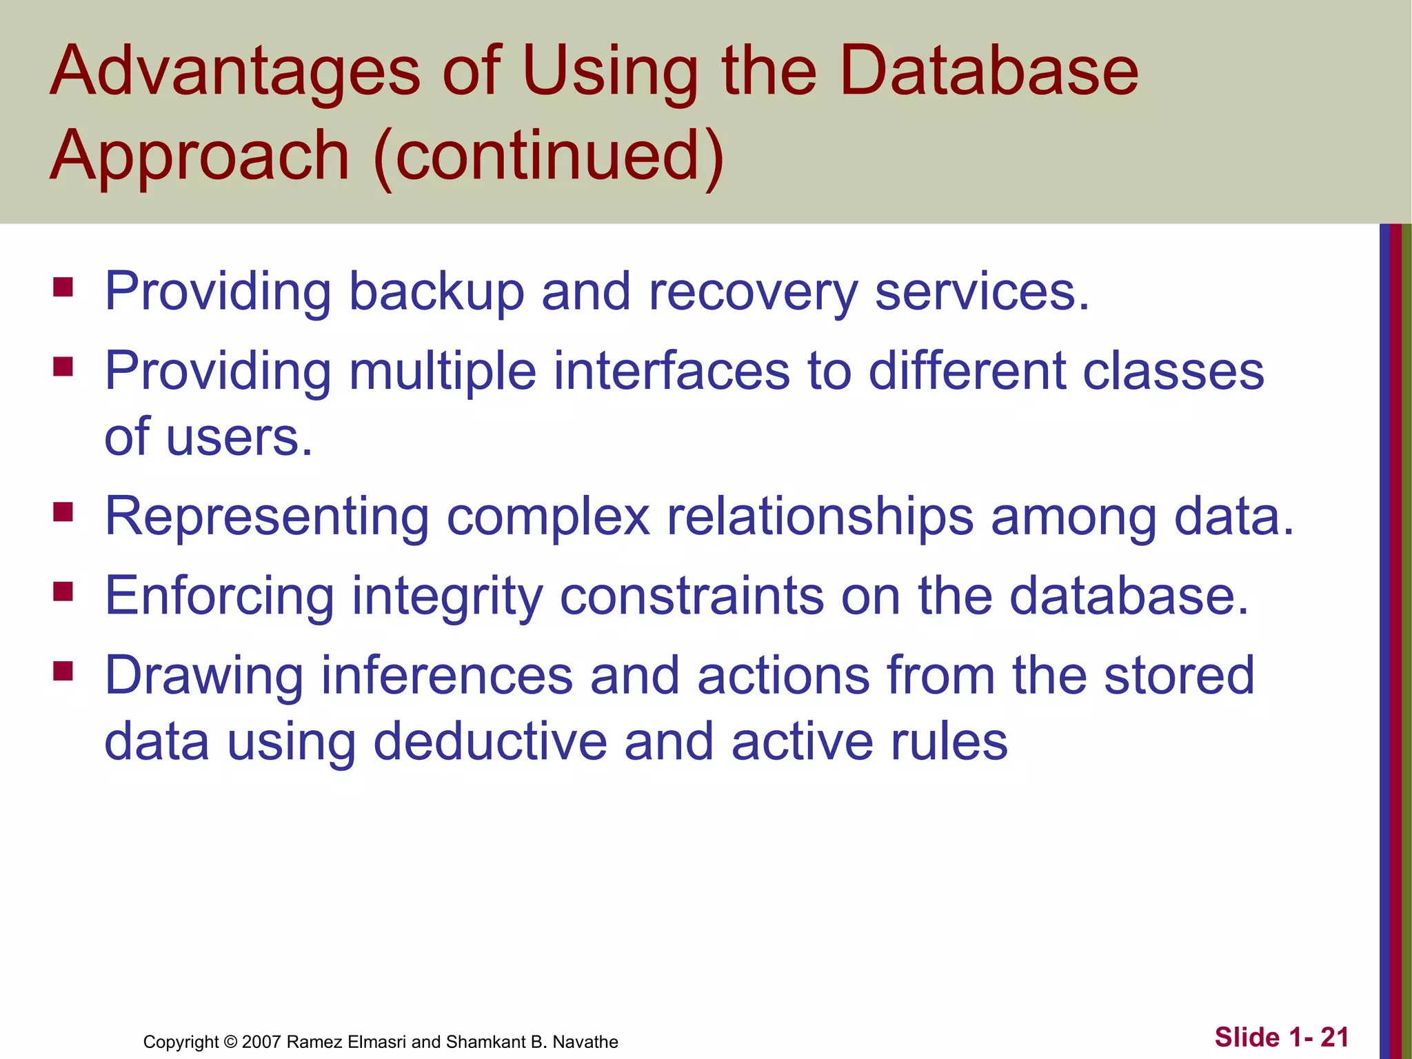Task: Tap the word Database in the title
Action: tap(989, 70)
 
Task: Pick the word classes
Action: tap(1173, 371)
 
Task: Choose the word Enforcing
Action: tap(219, 596)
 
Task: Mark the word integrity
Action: tap(447, 597)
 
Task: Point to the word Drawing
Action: tap(203, 676)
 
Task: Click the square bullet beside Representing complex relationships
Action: tap(63, 512)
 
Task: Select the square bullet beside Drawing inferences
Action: tap(63, 671)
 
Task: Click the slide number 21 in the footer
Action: tap(1334, 1037)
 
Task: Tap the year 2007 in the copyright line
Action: tap(261, 1042)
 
